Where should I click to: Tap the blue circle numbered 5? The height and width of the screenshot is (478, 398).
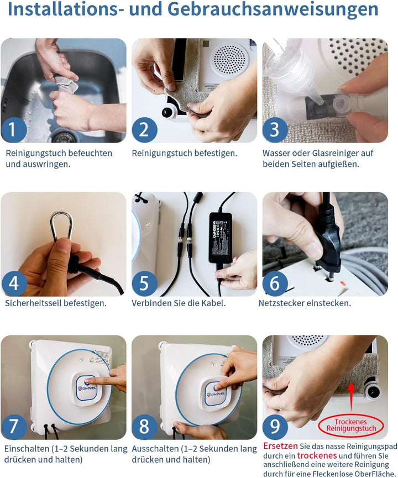pos(144,283)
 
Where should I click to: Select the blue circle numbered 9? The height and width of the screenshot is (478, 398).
pos(275,426)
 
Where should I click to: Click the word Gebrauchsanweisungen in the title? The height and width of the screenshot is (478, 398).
pos(273,9)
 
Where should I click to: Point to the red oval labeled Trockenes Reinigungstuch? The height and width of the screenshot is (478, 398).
pos(350,425)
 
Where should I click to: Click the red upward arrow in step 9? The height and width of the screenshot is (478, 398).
pos(352,397)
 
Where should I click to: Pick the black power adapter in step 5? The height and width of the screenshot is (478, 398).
pos(221,238)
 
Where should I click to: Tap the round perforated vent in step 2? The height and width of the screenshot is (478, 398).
pos(229,60)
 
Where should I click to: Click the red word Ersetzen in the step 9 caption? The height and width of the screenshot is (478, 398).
pos(280,446)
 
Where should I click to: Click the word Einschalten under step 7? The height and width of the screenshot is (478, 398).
pos(27,449)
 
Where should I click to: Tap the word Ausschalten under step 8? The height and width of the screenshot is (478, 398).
pos(155,449)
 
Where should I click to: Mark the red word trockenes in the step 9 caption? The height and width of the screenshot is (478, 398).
pos(317,456)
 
